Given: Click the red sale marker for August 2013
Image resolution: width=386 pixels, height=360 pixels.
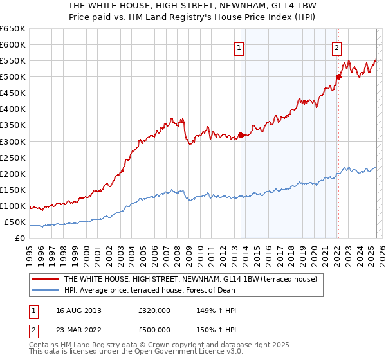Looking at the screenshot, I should pyautogui.click(x=241, y=135).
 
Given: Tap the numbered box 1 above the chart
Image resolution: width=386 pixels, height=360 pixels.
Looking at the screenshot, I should pyautogui.click(x=239, y=47).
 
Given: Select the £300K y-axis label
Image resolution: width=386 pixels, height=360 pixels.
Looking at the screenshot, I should pyautogui.click(x=13, y=141).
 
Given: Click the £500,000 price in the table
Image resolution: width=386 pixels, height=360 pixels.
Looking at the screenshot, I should pyautogui.click(x=155, y=330).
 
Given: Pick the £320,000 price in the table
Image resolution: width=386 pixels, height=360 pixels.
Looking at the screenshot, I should pyautogui.click(x=155, y=311).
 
